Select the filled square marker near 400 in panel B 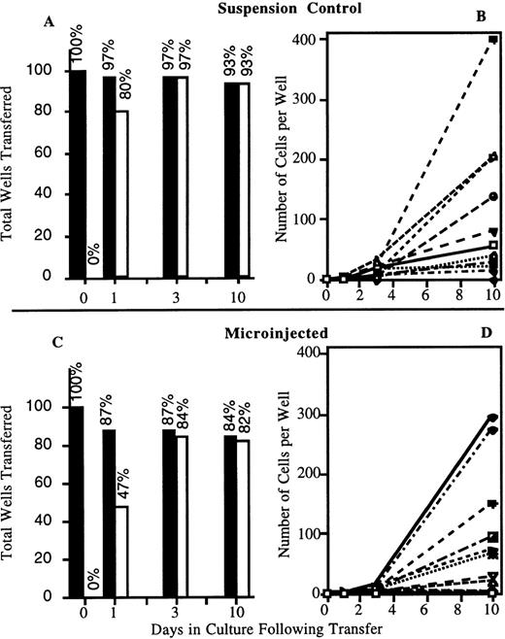(x=492, y=40)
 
